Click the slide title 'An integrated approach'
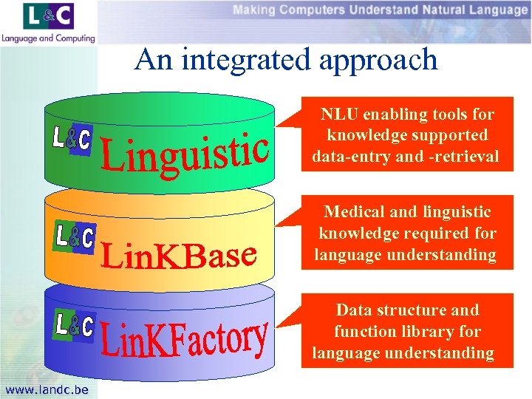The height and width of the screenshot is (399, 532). [286, 59]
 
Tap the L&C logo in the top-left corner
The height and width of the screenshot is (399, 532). [49, 17]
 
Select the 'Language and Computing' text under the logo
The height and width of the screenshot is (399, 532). [49, 38]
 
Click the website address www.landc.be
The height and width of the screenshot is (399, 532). [46, 389]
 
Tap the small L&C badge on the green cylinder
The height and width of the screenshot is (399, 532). [72, 140]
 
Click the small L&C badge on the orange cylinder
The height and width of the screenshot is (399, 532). [75, 237]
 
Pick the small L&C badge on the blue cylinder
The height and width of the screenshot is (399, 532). [75, 325]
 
